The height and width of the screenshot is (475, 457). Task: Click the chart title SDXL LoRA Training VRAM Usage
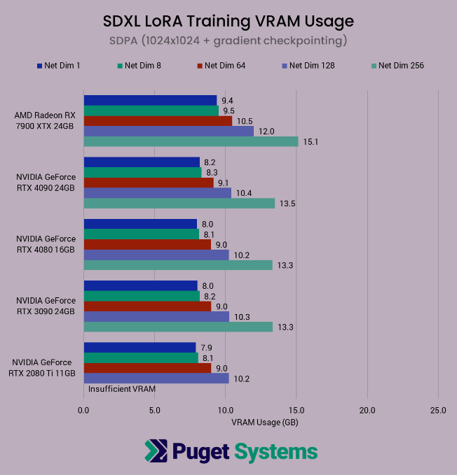click(x=228, y=21)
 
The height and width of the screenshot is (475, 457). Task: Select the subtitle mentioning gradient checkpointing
click(x=228, y=41)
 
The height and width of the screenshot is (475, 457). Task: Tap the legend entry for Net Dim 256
click(x=397, y=66)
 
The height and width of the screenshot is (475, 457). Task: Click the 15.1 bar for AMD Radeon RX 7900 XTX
click(x=191, y=141)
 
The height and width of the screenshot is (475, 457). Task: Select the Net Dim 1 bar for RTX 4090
click(x=142, y=162)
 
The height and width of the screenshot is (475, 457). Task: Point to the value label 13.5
click(x=287, y=204)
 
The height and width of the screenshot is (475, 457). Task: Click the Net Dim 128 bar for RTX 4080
click(x=156, y=255)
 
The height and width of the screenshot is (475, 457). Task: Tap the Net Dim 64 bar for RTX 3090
click(x=147, y=306)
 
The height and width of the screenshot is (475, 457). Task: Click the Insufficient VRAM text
click(x=122, y=388)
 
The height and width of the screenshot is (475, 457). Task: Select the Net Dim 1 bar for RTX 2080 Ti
click(x=139, y=348)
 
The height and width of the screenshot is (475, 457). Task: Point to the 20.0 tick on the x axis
click(x=367, y=410)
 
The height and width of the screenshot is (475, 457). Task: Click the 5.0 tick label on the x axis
click(x=154, y=410)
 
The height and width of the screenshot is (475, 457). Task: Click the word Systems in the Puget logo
click(x=276, y=451)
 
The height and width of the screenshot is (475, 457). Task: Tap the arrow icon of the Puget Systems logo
click(x=156, y=451)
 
